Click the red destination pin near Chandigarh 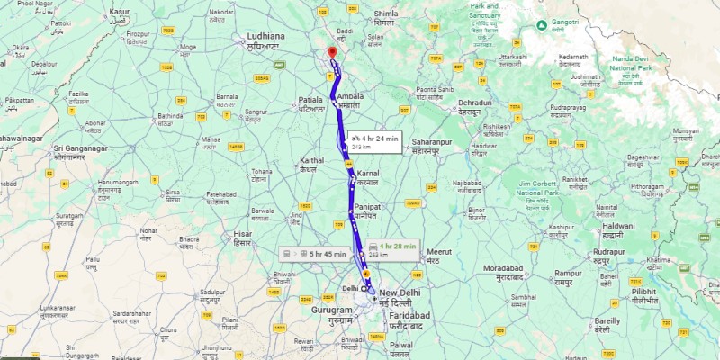pyautogui.click(x=331, y=51)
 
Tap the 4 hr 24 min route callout pyautogui.click(x=370, y=140)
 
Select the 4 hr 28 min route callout pyautogui.click(x=392, y=248)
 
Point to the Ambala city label pyautogui.click(x=351, y=100)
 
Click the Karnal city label pyautogui.click(x=368, y=175)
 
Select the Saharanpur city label pyautogui.click(x=432, y=147)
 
